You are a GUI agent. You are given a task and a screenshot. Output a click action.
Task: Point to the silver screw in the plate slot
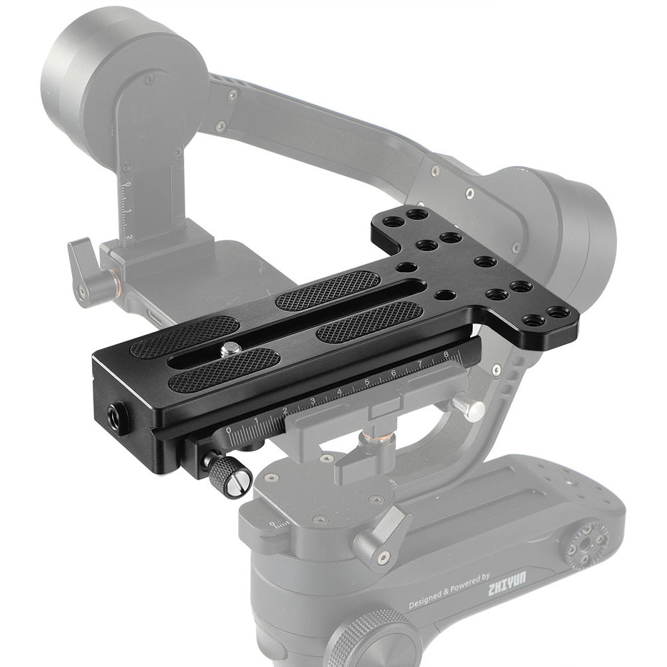pyautogui.click(x=231, y=348)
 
